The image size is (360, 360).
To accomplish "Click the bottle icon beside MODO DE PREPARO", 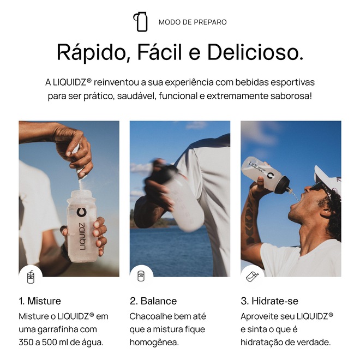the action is (x=141, y=22).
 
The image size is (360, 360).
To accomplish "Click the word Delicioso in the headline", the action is (x=255, y=52).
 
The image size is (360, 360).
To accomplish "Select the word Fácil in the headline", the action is (x=160, y=52).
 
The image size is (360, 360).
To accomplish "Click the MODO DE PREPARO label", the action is (x=193, y=22).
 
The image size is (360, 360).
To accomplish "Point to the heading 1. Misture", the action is (x=40, y=301).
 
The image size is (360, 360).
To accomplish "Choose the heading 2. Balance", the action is (x=153, y=301).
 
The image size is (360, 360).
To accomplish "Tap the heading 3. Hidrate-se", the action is (x=269, y=301).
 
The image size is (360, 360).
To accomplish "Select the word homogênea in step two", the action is (x=154, y=343).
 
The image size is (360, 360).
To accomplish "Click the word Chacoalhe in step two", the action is (x=147, y=316).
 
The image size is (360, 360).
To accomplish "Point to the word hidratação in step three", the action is (x=261, y=343).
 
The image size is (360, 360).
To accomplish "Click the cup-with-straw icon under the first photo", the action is (x=31, y=277).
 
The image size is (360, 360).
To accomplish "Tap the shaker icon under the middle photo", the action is (x=141, y=276).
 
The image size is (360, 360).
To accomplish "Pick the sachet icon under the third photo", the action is (x=252, y=277).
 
